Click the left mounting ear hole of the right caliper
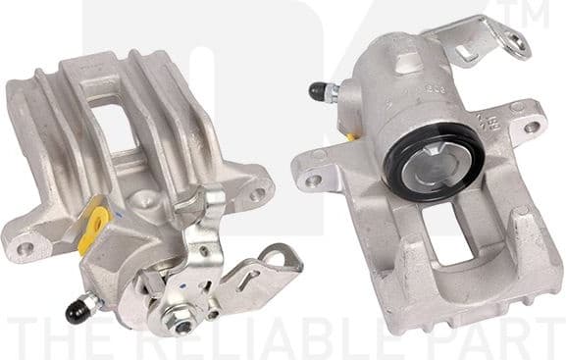pyautogui.click(x=312, y=180)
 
